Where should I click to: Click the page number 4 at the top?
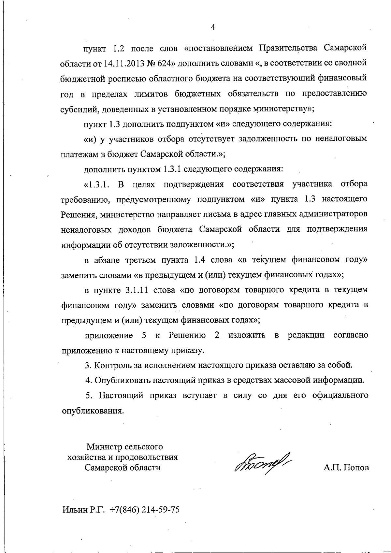click(x=213, y=27)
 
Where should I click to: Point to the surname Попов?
click(x=355, y=468)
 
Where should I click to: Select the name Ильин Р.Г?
click(x=83, y=510)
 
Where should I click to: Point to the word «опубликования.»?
click(x=93, y=411)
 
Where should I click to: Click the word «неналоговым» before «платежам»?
click(x=341, y=139)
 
